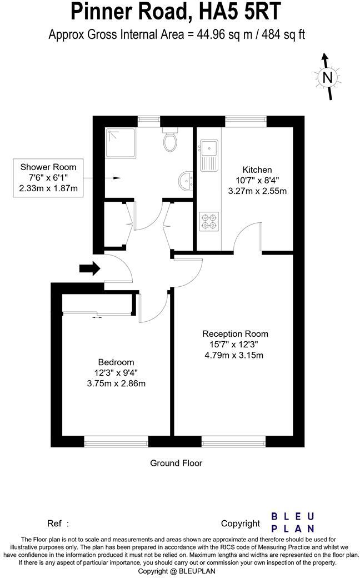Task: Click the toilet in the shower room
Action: [x=171, y=142]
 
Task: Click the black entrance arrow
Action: [x=89, y=269]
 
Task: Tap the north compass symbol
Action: [x=327, y=77]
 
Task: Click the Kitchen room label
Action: [x=257, y=170]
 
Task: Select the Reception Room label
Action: [x=235, y=334]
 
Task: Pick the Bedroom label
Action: [x=116, y=362]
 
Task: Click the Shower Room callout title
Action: [x=48, y=167]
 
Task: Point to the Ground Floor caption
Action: [x=176, y=462]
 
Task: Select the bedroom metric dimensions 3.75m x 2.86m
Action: [x=117, y=383]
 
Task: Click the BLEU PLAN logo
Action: [x=292, y=522]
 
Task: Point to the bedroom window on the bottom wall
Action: [x=116, y=442]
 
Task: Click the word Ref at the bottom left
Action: [x=54, y=523]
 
